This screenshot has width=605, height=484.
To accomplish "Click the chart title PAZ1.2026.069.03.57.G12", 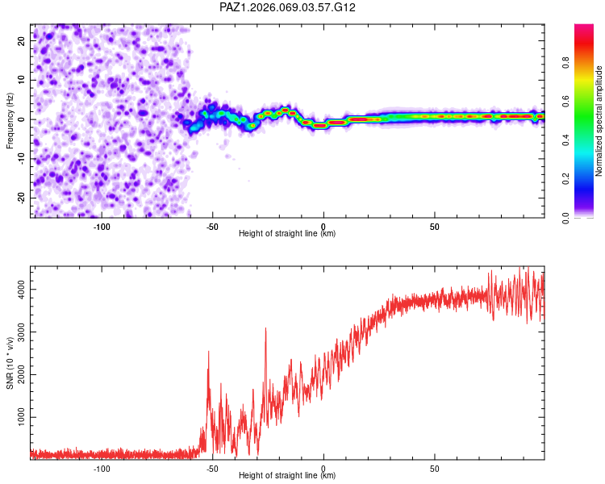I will (288, 7).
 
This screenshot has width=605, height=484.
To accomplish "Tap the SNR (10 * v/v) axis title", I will (10, 361).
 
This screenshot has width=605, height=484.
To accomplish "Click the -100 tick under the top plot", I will (102, 227).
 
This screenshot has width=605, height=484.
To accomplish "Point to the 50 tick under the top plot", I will (434, 227).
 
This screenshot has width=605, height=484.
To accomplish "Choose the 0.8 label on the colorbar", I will (567, 62).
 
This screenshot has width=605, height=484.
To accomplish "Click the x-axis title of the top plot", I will (287, 234).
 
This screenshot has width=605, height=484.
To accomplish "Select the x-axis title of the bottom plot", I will (287, 476).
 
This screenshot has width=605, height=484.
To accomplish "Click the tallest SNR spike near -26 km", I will (265, 328).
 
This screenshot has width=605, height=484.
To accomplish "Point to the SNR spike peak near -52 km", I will (208, 352).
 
